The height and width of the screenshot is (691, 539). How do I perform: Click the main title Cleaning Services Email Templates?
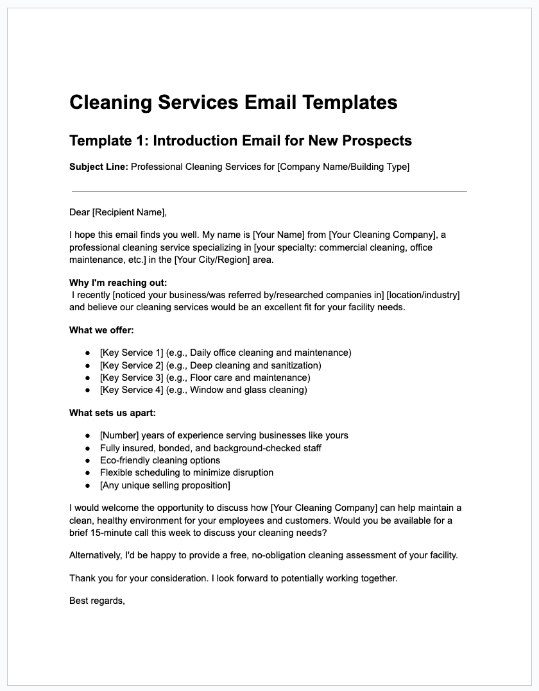233,103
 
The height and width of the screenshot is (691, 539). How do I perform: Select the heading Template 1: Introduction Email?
240,140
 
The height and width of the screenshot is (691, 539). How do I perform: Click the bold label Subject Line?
99,167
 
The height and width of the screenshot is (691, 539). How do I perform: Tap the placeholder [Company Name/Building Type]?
343,167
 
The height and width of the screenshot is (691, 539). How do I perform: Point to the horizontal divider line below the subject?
269,191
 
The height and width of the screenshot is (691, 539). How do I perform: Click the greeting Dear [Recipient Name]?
117,212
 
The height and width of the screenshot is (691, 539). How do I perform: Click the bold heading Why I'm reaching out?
118,283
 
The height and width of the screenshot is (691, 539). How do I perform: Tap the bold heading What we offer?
101,330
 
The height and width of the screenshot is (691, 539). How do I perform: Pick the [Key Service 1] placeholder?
132,353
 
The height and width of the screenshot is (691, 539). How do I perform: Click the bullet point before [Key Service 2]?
87,365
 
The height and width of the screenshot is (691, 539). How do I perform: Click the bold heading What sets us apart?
112,413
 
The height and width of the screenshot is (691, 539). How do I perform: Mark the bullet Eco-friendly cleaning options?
160,460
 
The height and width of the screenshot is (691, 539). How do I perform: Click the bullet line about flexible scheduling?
187,472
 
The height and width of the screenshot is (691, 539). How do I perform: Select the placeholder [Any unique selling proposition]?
165,485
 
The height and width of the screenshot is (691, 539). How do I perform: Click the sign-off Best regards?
97,601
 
